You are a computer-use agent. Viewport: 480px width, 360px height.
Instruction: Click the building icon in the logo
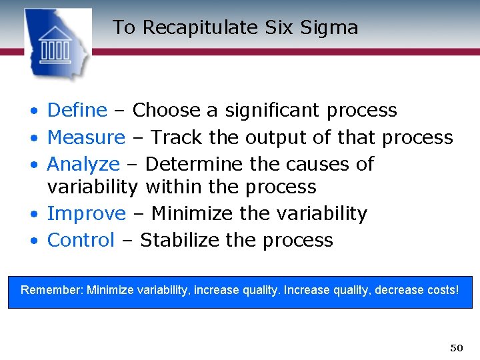coord(55,45)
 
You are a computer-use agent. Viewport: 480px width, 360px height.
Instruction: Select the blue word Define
coord(77,110)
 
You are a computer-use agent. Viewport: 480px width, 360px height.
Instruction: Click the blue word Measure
coord(86,137)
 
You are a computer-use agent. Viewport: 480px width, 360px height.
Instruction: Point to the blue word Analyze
coord(83,164)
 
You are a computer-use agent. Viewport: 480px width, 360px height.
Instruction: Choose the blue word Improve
coord(86,213)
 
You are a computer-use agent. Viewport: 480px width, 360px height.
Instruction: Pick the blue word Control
coord(81,240)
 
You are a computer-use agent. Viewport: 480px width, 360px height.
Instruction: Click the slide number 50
coord(456,348)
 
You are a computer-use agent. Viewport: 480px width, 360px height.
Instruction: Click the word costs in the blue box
coord(441,291)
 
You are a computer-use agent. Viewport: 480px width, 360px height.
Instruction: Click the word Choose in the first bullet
coord(166,110)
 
